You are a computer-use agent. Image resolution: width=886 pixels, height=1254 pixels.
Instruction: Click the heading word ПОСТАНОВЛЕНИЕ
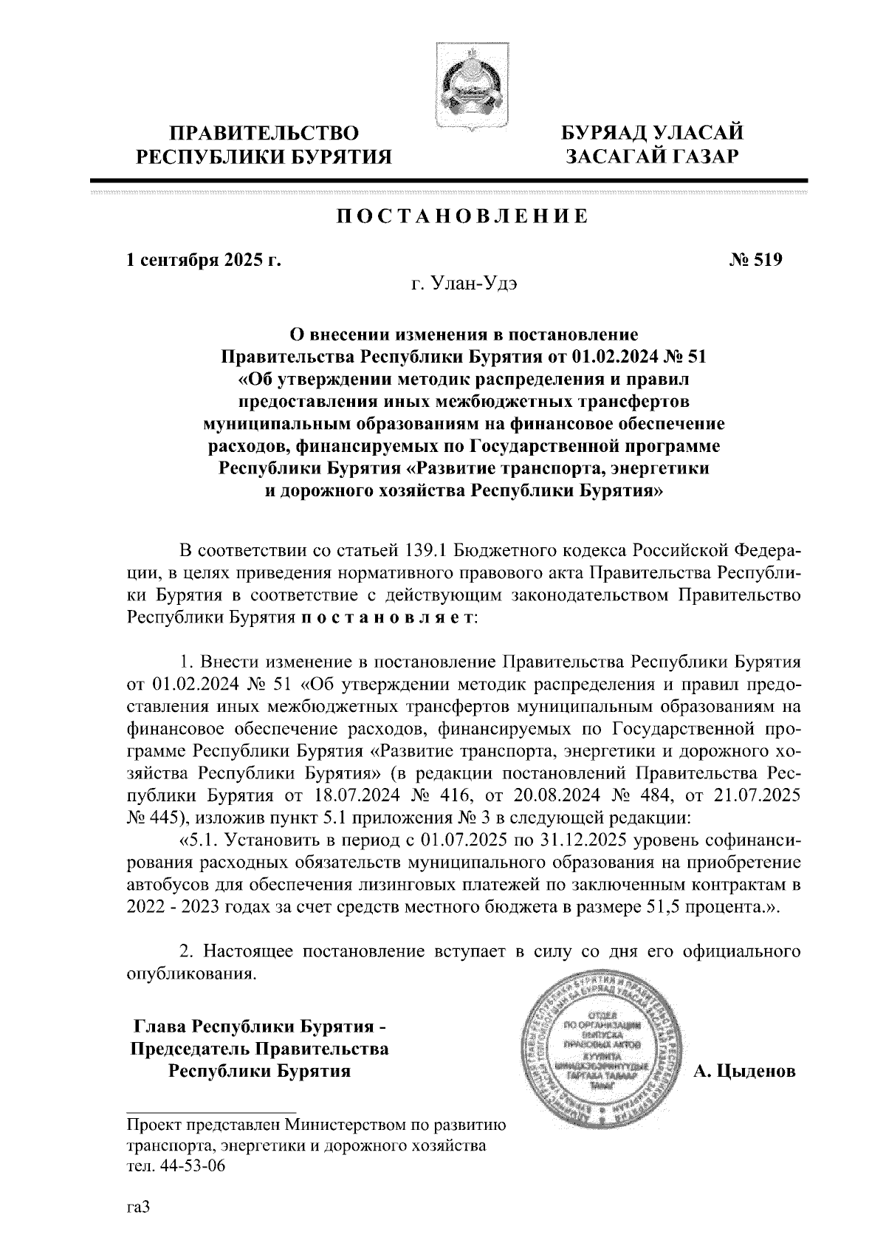pyautogui.click(x=462, y=216)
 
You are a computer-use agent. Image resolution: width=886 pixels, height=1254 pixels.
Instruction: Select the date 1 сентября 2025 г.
pyautogui.click(x=205, y=260)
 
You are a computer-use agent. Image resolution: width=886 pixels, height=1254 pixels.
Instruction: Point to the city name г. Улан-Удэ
pyautogui.click(x=463, y=284)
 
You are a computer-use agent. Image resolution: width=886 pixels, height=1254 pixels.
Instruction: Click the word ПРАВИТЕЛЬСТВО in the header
pyautogui.click(x=265, y=133)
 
